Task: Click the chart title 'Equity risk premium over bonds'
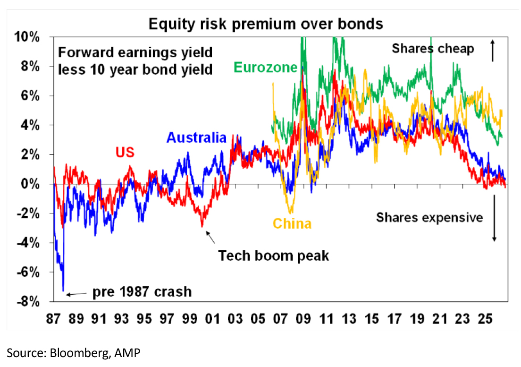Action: point(266,24)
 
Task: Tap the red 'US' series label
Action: point(125,152)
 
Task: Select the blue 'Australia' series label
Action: point(196,137)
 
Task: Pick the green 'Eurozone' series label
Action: point(266,68)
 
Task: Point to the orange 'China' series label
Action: point(292,224)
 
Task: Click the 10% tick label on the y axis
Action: point(27,37)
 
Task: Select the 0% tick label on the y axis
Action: point(30,184)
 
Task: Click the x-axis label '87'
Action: point(53,319)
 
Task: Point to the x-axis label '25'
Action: point(485,319)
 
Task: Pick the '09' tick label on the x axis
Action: point(303,319)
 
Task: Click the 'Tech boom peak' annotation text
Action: point(273,256)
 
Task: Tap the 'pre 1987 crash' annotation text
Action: point(142,292)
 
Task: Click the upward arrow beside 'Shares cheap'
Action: point(492,51)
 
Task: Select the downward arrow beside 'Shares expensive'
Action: point(494,218)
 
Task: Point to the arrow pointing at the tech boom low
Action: point(210,237)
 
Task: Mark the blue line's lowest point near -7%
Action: point(63,290)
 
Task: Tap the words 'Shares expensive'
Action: point(429,218)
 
